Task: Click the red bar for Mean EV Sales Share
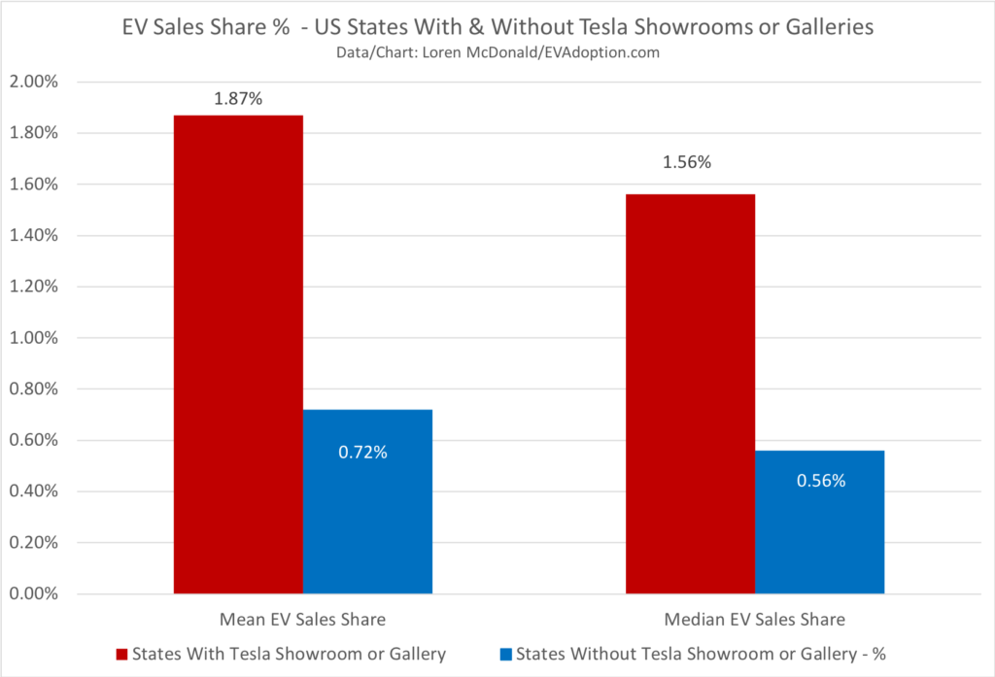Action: pos(238,355)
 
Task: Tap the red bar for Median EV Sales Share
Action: pos(690,393)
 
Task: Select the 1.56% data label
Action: pos(687,163)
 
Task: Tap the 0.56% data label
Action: pos(821,480)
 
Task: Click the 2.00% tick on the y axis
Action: pos(33,82)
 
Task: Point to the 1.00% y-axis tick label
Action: pos(33,338)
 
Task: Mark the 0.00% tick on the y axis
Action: pos(33,594)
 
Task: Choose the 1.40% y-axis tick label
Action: pos(33,235)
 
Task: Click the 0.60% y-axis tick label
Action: pos(33,441)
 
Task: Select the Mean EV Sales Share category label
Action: pos(302,619)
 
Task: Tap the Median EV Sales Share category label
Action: pos(755,619)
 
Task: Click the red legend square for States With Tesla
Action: pos(121,654)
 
